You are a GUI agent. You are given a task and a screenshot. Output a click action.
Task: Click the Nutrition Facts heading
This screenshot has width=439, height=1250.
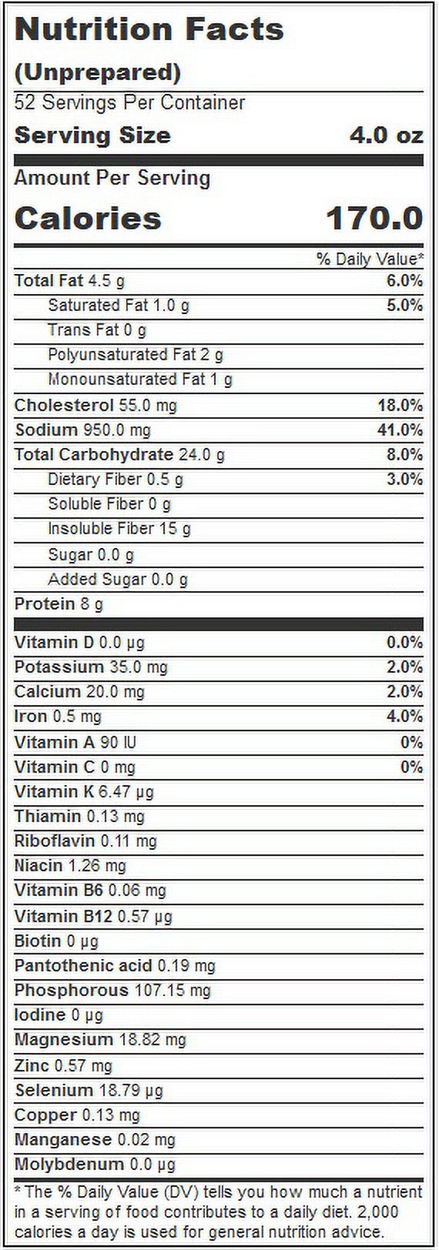(149, 29)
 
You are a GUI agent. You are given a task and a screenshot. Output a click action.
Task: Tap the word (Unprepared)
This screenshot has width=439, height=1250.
(98, 72)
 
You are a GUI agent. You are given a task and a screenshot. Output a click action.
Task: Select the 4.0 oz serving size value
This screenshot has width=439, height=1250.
(387, 135)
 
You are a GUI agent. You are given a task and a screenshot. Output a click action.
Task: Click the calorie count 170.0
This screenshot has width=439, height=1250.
(375, 218)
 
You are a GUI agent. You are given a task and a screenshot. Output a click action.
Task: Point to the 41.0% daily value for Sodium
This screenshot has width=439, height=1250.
(400, 429)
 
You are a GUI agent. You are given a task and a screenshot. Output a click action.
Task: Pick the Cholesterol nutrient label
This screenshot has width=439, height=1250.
(64, 405)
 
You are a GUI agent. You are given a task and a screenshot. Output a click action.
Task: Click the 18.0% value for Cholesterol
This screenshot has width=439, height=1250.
(400, 405)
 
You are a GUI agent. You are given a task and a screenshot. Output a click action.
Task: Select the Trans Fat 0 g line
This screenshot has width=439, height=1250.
(97, 329)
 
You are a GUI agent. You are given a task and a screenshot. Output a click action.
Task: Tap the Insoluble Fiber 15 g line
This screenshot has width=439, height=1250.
(119, 529)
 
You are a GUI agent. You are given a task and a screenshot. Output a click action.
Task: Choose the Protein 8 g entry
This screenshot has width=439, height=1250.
(59, 603)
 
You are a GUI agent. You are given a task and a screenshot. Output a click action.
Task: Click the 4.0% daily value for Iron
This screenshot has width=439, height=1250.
(404, 716)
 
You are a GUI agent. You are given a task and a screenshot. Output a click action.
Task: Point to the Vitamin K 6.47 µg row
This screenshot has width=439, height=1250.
(84, 792)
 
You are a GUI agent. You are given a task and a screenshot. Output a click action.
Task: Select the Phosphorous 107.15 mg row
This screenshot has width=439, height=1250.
(112, 991)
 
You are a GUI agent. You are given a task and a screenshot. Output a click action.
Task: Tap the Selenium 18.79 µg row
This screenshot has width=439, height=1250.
(89, 1090)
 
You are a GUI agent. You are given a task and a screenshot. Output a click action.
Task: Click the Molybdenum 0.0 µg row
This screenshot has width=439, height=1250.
(95, 1165)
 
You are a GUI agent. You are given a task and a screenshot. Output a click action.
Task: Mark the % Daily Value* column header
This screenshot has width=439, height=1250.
(370, 259)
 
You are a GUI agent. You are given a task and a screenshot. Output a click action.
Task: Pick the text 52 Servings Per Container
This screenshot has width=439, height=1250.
(129, 102)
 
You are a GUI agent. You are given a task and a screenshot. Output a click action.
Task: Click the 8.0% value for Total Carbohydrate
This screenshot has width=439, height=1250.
(404, 454)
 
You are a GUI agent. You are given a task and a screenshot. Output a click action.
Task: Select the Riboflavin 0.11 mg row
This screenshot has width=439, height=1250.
(85, 841)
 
